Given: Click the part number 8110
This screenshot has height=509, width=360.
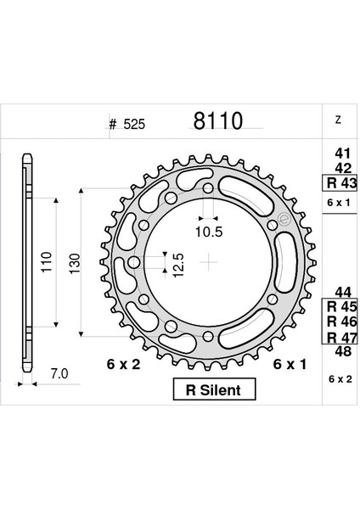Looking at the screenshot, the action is [x=217, y=120].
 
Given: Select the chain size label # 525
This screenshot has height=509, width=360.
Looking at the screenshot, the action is [x=127, y=124].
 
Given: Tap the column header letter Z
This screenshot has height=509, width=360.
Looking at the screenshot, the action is [x=338, y=120].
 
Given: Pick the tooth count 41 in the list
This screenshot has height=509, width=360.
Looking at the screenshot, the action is [x=343, y=154].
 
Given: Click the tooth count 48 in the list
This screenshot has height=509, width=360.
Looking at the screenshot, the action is [x=343, y=351].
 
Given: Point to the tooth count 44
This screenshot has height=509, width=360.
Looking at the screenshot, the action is [x=343, y=293].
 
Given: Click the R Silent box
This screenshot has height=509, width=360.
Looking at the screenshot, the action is [x=215, y=389].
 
